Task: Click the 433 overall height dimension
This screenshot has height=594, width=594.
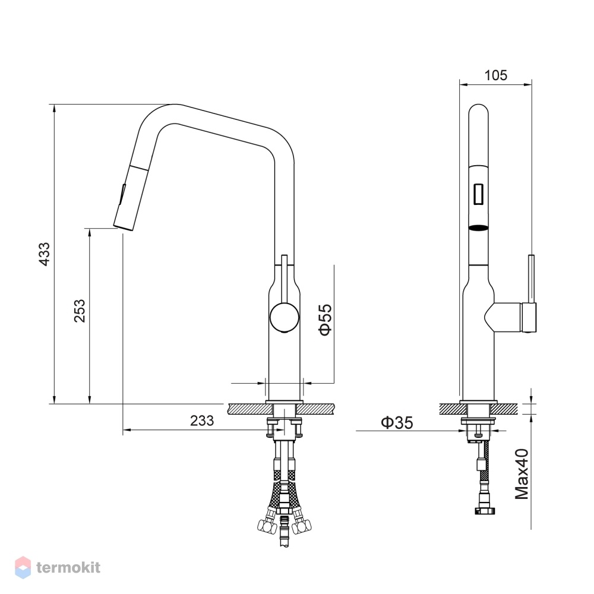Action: pyautogui.click(x=45, y=254)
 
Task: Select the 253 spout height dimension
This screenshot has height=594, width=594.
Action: pyautogui.click(x=80, y=311)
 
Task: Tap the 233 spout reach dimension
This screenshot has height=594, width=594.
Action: pyautogui.click(x=202, y=421)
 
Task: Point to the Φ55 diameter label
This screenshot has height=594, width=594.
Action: pyautogui.click(x=326, y=320)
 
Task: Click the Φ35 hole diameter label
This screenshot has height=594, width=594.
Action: pyautogui.click(x=397, y=422)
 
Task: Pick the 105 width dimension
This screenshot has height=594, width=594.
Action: pyautogui.click(x=495, y=75)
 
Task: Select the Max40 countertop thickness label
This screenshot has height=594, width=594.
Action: pyautogui.click(x=522, y=474)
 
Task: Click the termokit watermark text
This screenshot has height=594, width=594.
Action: pyautogui.click(x=68, y=567)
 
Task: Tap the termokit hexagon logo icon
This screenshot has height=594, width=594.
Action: pyautogui.click(x=23, y=567)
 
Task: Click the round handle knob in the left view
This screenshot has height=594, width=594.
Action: pyautogui.click(x=284, y=317)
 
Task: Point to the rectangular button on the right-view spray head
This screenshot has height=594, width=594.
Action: pyautogui.click(x=478, y=194)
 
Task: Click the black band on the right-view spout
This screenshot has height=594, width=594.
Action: pyautogui.click(x=478, y=228)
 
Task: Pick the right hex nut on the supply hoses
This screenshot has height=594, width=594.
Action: pyautogui.click(x=304, y=526)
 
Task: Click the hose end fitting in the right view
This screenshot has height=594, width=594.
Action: pyautogui.click(x=484, y=511)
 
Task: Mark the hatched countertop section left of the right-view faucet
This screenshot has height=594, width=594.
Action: pyautogui.click(x=453, y=409)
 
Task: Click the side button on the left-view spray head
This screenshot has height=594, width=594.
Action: pyautogui.click(x=123, y=193)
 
